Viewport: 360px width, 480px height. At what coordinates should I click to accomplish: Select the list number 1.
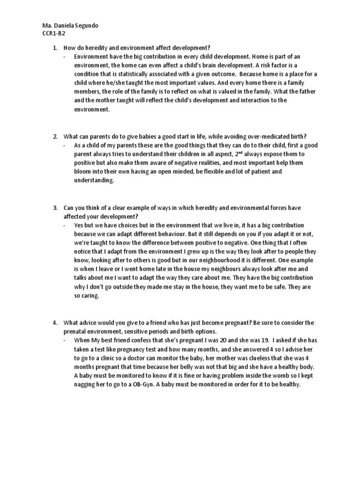54,48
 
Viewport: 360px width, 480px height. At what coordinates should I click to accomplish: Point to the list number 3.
54,208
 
